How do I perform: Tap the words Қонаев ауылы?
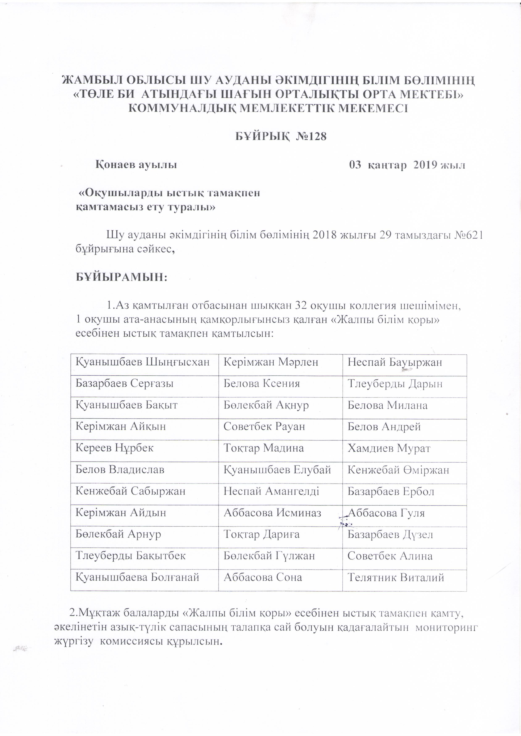pyautogui.click(x=136, y=165)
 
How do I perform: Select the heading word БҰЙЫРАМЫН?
pyautogui.click(x=122, y=277)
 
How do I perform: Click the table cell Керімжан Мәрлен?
pyautogui.click(x=271, y=362)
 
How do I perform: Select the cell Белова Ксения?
pyautogui.click(x=262, y=384)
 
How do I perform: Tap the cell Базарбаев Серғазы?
pyautogui.click(x=125, y=384)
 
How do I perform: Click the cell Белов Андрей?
pyautogui.click(x=384, y=427)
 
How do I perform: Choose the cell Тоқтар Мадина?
pyautogui.click(x=263, y=448)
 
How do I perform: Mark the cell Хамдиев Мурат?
pyautogui.click(x=389, y=448)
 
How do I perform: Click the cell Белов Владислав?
pyautogui.click(x=120, y=470)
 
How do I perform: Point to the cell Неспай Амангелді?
pyautogui.click(x=271, y=491)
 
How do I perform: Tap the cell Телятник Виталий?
pyautogui.click(x=396, y=578)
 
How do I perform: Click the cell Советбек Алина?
pyautogui.click(x=390, y=556)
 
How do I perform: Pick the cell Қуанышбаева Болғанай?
pyautogui.click(x=137, y=578)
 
